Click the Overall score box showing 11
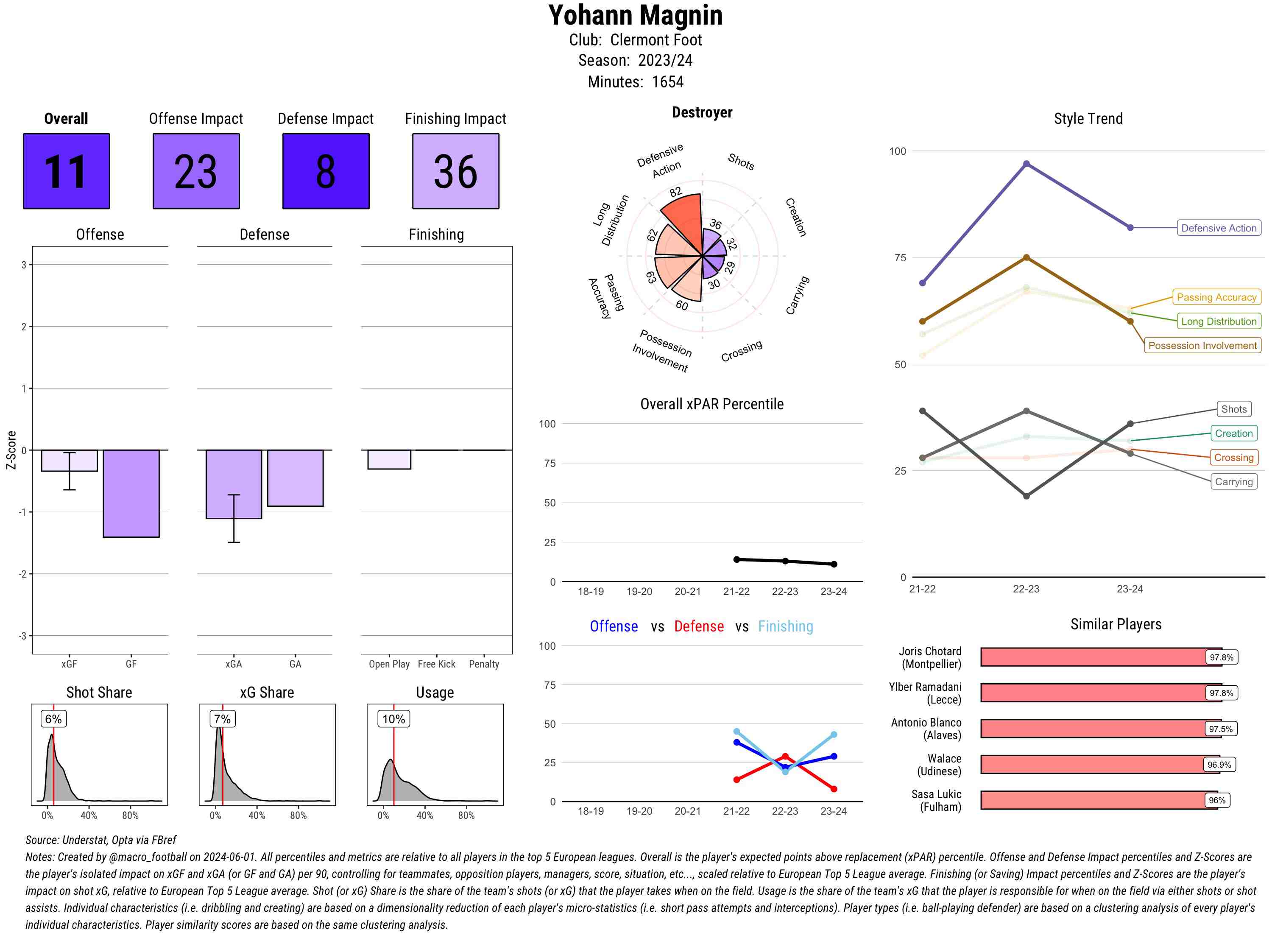pyautogui.click(x=66, y=171)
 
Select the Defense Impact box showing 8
pyautogui.click(x=326, y=171)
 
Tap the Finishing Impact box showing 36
pyautogui.click(x=456, y=171)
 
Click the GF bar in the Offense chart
pyautogui.click(x=131, y=493)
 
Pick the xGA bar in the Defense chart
pyautogui.click(x=234, y=484)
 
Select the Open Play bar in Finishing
pyautogui.click(x=389, y=459)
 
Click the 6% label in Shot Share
pyautogui.click(x=53, y=719)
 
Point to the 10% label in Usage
pyautogui.click(x=393, y=719)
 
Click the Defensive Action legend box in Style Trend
pyautogui.click(x=1219, y=228)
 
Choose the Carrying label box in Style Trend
pyautogui.click(x=1233, y=482)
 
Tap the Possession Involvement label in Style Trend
pyautogui.click(x=1202, y=346)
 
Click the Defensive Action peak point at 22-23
pyautogui.click(x=1027, y=164)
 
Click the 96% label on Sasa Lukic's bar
pyautogui.click(x=1217, y=800)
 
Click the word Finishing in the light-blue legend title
pyautogui.click(x=785, y=626)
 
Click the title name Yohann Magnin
pyautogui.click(x=635, y=15)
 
